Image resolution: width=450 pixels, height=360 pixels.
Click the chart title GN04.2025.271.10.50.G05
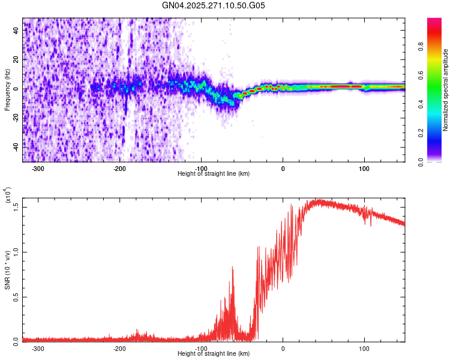point(214,7)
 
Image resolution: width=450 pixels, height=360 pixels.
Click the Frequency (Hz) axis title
point(7,89)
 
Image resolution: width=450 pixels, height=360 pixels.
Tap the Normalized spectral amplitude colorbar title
point(446,90)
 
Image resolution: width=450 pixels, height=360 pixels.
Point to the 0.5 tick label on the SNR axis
point(16,296)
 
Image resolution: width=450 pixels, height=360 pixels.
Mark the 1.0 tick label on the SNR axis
point(16,251)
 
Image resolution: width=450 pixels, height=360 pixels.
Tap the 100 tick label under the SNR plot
point(364,348)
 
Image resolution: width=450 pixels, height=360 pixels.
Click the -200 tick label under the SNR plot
point(119,348)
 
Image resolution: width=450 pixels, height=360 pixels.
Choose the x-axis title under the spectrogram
point(214,173)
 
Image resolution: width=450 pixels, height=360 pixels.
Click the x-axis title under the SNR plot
point(214,353)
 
